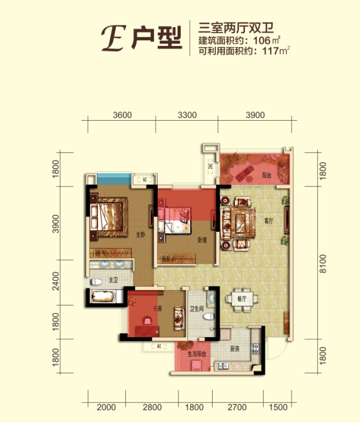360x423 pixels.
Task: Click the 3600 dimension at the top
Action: click(x=122, y=116)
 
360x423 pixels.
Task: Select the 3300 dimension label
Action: click(x=186, y=116)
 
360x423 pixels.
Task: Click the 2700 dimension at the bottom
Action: click(x=237, y=408)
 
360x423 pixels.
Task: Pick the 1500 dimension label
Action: click(x=277, y=408)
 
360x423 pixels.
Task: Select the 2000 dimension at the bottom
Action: click(x=107, y=408)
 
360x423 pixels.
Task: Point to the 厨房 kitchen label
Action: click(x=234, y=349)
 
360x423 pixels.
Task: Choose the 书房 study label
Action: click(x=156, y=308)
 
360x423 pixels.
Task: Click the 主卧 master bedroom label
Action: click(x=140, y=235)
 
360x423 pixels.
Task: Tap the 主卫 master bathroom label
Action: click(x=113, y=280)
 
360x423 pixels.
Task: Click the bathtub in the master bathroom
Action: click(x=103, y=297)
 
